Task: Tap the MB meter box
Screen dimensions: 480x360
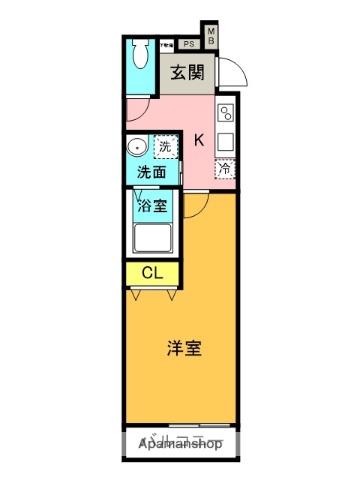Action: [x=211, y=36]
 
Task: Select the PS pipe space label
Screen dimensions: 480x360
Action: [x=188, y=44]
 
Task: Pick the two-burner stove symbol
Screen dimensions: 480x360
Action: [x=226, y=112]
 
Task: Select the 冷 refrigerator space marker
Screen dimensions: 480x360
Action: [x=226, y=169]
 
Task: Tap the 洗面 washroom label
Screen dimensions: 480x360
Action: [x=152, y=171]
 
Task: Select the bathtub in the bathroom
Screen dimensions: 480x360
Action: [x=152, y=240]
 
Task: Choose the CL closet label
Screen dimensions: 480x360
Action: [x=152, y=272]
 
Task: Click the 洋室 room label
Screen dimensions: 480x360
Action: [x=184, y=349]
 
